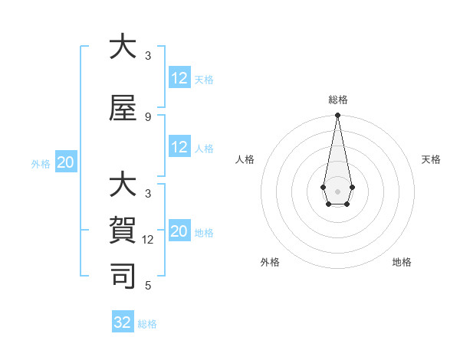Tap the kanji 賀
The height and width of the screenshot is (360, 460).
coord(123,229)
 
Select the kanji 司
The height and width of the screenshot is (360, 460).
coord(123,275)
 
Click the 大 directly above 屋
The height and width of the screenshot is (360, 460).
coord(123,46)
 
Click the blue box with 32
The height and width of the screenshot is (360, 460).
coord(123,322)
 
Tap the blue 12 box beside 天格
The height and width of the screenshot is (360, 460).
coord(179,78)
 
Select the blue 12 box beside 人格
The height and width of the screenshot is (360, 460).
coord(179,147)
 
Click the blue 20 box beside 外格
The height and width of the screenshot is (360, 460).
coord(66,162)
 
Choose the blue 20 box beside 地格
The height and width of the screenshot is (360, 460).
coord(179,231)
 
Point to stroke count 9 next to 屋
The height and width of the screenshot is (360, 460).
coord(148,116)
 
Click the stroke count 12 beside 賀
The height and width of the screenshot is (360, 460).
coord(148,240)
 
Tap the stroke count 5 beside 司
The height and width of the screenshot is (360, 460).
coord(148,286)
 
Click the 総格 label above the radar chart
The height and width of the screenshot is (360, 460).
coord(337,100)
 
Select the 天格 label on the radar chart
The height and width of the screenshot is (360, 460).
coord(432,159)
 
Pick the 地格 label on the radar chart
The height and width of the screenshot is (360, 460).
coord(402,262)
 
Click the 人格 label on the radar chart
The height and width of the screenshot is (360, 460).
coord(245,159)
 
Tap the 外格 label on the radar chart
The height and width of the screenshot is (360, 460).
coord(270,262)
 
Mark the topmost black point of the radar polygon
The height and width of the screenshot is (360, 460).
coord(337,116)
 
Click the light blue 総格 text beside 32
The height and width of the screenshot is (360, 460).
coord(147,323)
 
